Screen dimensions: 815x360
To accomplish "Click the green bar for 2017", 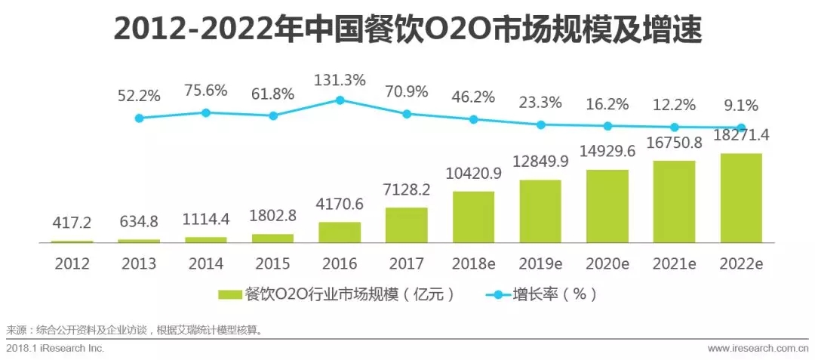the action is pyautogui.click(x=407, y=225).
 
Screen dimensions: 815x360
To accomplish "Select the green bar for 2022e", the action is pyautogui.click(x=741, y=198).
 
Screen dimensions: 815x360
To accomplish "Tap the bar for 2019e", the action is pyautogui.click(x=540, y=211).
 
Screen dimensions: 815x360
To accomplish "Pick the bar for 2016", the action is pyautogui.click(x=340, y=232).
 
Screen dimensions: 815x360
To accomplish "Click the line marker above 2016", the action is pyautogui.click(x=340, y=100).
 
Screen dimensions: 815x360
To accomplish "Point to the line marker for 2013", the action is pyautogui.click(x=139, y=118).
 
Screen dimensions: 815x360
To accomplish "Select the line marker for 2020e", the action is pyautogui.click(x=607, y=126).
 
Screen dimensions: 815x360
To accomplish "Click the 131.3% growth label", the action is pyautogui.click(x=340, y=81).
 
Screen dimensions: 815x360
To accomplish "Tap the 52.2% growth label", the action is pyautogui.click(x=139, y=96).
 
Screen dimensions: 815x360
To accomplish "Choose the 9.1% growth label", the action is pyautogui.click(x=740, y=106).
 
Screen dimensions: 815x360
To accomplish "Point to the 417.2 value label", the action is pyautogui.click(x=72, y=224).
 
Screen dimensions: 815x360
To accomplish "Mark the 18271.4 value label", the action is pyautogui.click(x=741, y=136).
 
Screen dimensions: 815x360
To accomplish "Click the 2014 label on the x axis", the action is pyautogui.click(x=206, y=263).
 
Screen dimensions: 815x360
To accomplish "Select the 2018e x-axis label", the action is pyautogui.click(x=474, y=263).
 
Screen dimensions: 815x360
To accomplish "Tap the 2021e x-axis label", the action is pyautogui.click(x=674, y=263).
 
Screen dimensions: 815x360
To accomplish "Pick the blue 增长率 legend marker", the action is pyautogui.click(x=498, y=295).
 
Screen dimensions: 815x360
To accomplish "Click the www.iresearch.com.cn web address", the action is pyautogui.click(x=758, y=347).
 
